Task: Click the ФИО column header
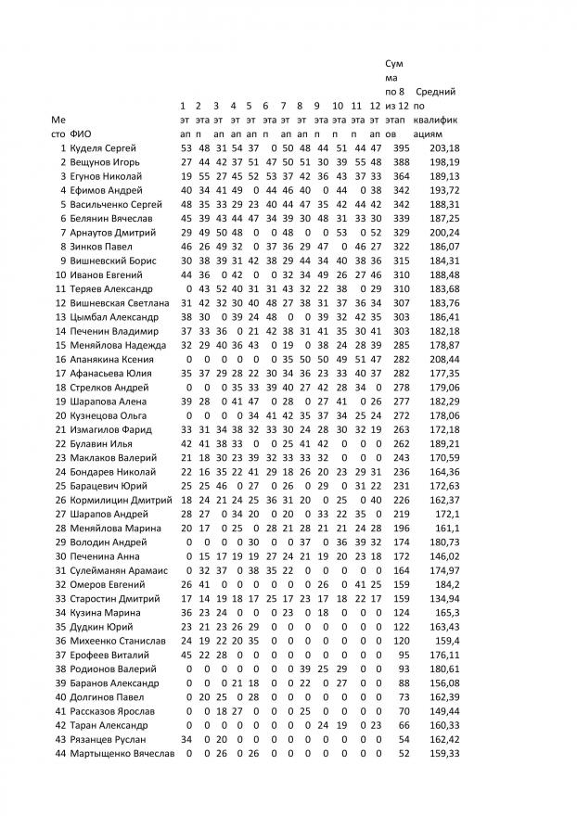coord(80,134)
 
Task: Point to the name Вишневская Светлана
coord(118,302)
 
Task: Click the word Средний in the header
coord(435,92)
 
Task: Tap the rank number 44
coord(60,753)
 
